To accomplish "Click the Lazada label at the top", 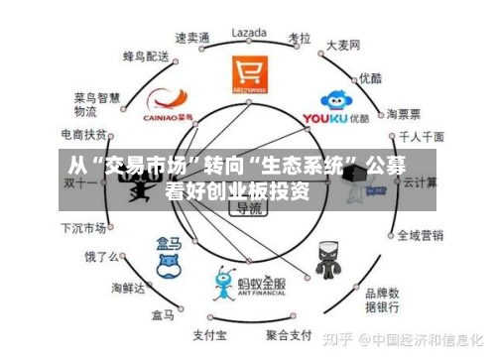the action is (x=249, y=32).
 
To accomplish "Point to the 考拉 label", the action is (x=300, y=37).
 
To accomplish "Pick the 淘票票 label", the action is (x=405, y=112).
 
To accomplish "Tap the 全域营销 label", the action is (x=420, y=235).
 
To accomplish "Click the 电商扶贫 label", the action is (x=84, y=134).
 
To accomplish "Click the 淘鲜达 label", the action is (x=128, y=289).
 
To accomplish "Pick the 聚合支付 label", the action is (x=293, y=332).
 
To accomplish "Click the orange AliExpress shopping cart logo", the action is (x=249, y=73).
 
